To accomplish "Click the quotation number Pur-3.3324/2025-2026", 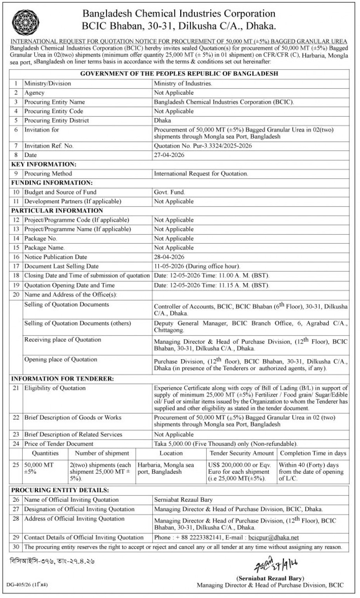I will pos(203,146).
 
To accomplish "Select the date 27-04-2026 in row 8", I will pos(169,155).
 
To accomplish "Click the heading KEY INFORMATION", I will pos(43,164).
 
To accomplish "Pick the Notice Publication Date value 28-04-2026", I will pos(169,257).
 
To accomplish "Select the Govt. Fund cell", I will pos(169,192).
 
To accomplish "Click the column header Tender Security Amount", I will pos(242,453).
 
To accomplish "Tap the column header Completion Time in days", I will pos(313,453).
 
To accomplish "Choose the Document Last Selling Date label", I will pos(61,266).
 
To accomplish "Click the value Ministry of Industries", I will pos(183,83).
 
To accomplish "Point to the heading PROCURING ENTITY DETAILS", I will pos(60,490).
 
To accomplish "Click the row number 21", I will pos(16,388).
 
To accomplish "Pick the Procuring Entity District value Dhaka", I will pos(162,121).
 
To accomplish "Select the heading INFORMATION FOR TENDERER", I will pos(62,379).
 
